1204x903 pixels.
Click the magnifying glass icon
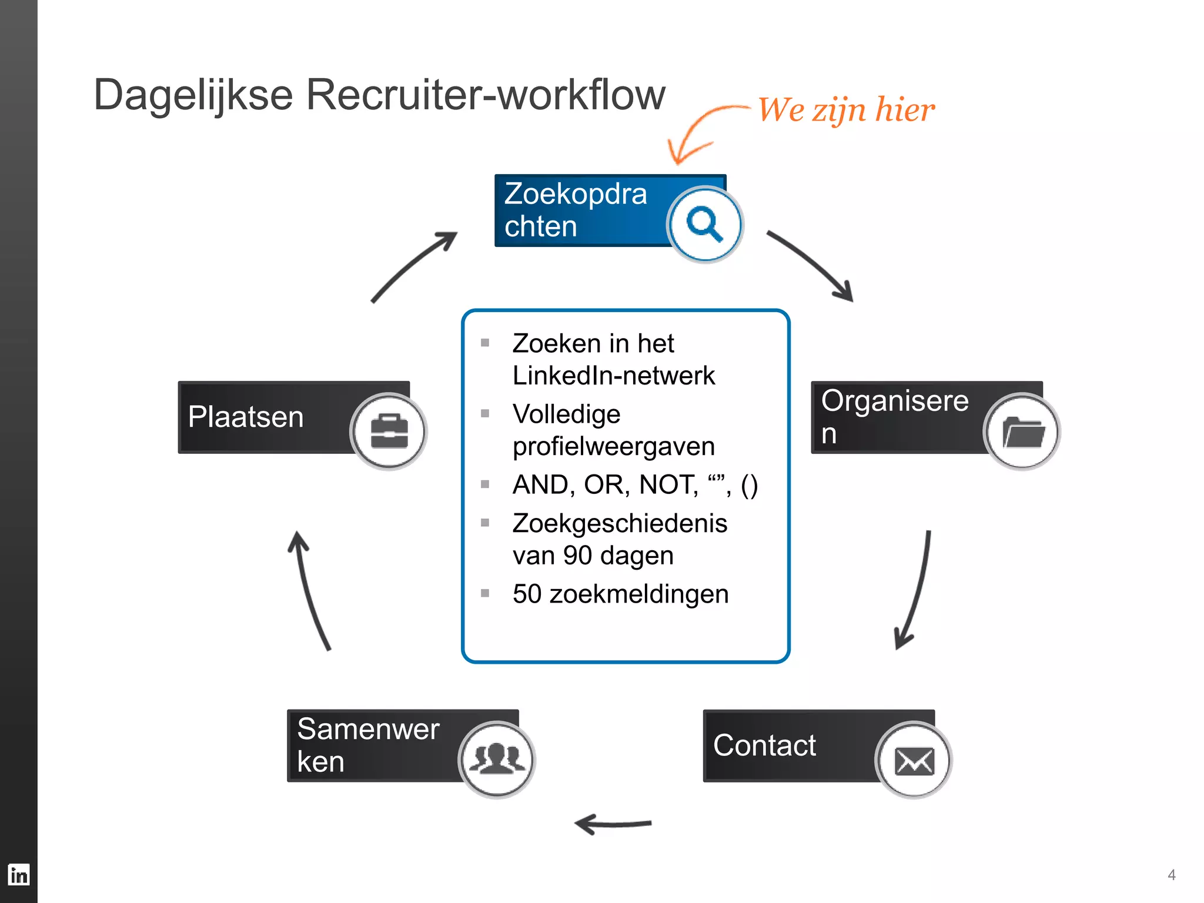705,224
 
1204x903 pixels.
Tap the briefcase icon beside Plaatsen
389,431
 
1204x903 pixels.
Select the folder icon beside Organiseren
1022,432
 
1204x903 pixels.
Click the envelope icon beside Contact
914,760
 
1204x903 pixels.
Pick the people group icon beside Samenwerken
497,759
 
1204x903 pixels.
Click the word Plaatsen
246,417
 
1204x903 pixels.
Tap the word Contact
764,745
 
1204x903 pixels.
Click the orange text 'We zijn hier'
845,110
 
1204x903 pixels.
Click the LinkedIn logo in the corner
19,874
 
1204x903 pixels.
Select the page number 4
1171,875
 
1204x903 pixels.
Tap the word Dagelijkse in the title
193,95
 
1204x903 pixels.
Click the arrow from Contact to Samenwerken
613,824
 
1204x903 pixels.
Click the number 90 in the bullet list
577,556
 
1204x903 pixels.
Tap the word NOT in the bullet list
668,485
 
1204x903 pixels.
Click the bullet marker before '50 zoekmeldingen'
485,593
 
